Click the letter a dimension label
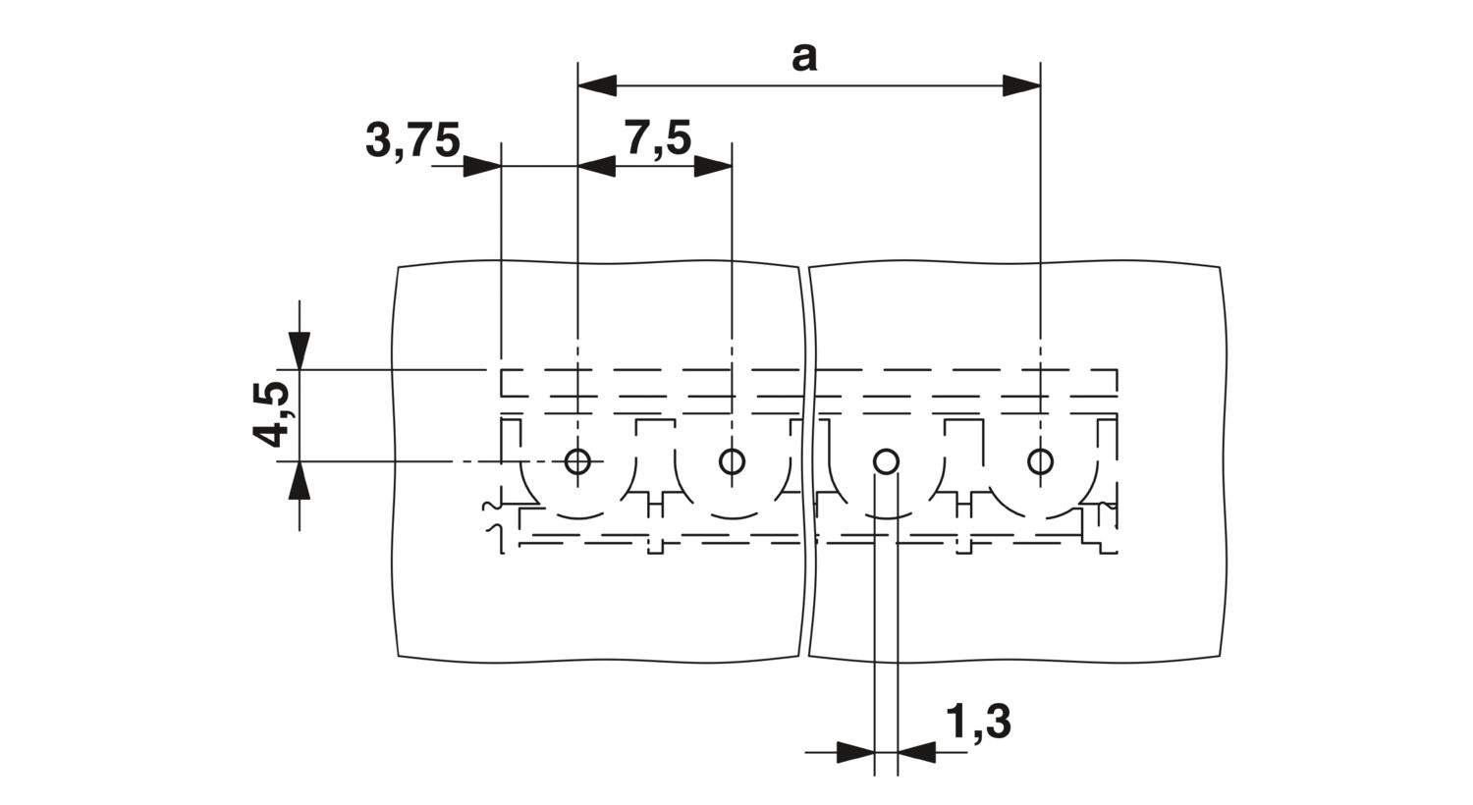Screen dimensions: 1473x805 [804, 58]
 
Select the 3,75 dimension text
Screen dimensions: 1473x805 [412, 140]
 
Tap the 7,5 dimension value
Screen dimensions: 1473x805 [657, 138]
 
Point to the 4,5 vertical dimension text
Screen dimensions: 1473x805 [270, 414]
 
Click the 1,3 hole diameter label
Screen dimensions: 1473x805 [978, 724]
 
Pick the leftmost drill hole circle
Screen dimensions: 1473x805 [578, 461]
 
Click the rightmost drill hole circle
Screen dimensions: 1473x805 [1040, 461]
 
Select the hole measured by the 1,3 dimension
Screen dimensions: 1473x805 [886, 461]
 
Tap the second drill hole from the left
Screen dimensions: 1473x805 [732, 461]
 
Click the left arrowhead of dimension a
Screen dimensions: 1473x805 [597, 85]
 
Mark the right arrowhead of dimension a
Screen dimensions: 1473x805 [1021, 85]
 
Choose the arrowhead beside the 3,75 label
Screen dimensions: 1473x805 [482, 166]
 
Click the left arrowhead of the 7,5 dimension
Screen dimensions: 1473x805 [597, 166]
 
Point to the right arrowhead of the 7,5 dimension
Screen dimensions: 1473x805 [713, 166]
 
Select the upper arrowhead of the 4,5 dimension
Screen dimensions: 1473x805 [300, 350]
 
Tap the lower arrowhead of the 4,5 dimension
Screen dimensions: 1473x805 [300, 480]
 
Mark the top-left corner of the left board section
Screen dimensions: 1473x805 [399, 267]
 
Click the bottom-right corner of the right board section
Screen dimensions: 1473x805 [1221, 656]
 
